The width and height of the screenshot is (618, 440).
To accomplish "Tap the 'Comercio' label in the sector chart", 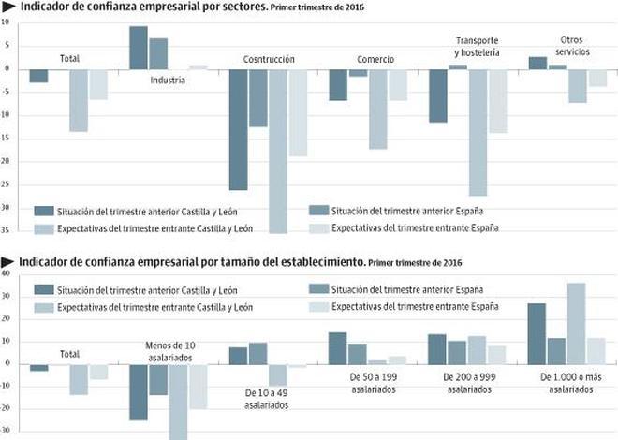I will tap(375, 59).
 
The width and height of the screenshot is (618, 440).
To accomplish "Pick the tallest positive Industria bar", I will tap(138, 47).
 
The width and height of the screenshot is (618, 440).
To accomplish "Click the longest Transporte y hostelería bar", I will tap(478, 131).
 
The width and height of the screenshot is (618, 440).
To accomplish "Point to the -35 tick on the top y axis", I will tap(6, 229).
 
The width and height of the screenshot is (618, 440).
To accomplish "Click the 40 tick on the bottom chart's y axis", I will tap(6, 274).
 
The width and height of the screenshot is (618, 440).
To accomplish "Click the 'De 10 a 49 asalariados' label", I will tap(267, 400).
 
